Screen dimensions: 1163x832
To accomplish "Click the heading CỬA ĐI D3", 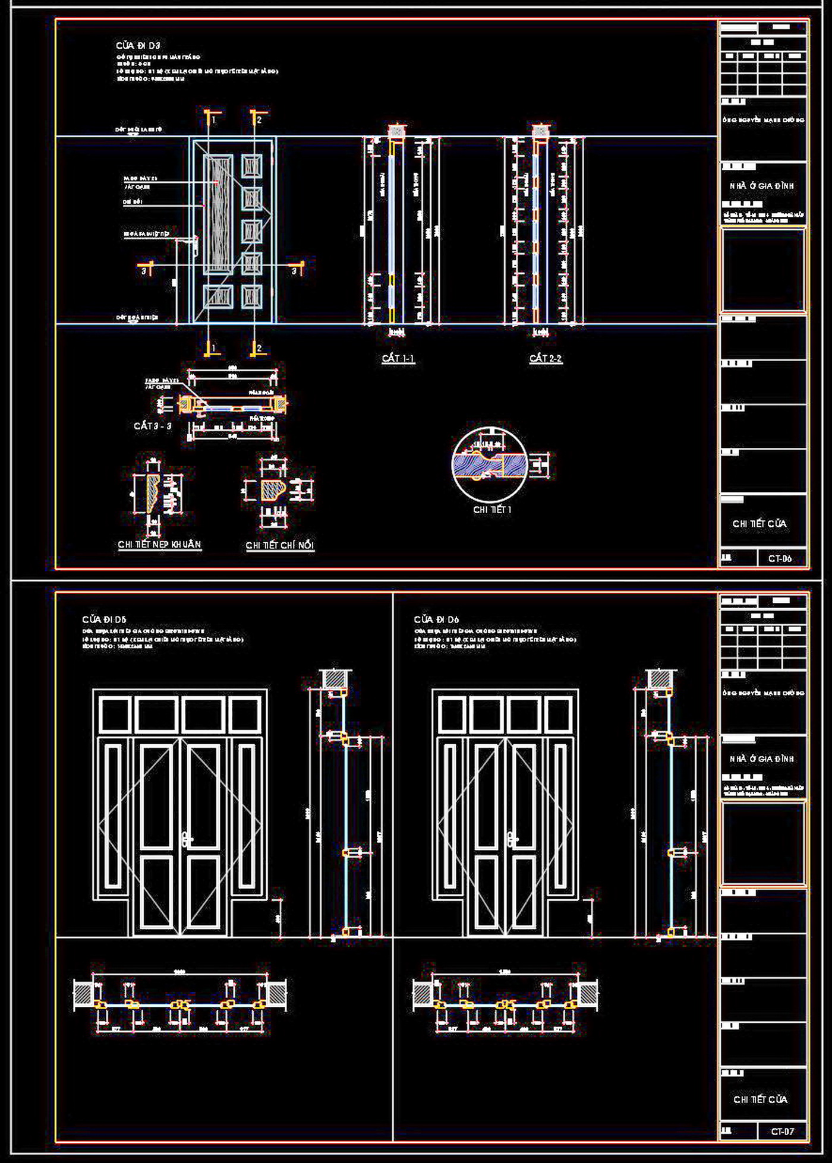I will [x=138, y=46].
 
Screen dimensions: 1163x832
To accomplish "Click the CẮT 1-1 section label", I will [x=398, y=358].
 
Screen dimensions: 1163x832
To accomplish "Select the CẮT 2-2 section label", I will [x=546, y=358].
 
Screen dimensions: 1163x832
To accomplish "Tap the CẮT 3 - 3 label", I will [x=153, y=426].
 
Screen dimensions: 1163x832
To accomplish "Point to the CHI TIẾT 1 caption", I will [x=492, y=510].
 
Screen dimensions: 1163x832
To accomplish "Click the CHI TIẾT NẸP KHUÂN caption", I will [x=159, y=544].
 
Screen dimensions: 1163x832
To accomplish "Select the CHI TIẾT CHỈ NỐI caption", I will [x=280, y=545].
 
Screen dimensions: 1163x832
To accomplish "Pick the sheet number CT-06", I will [x=780, y=558].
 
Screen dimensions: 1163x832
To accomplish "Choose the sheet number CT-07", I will [x=782, y=1132].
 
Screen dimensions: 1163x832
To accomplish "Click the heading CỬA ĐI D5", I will [x=105, y=620].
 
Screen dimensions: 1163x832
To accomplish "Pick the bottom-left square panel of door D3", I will [x=218, y=297].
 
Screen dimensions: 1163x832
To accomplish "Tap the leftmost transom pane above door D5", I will [x=115, y=715].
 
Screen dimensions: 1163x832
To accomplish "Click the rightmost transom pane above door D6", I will [x=558, y=715].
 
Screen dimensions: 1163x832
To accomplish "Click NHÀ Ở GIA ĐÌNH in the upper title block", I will [x=762, y=186].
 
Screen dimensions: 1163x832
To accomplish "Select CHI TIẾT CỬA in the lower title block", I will [x=761, y=1099].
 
